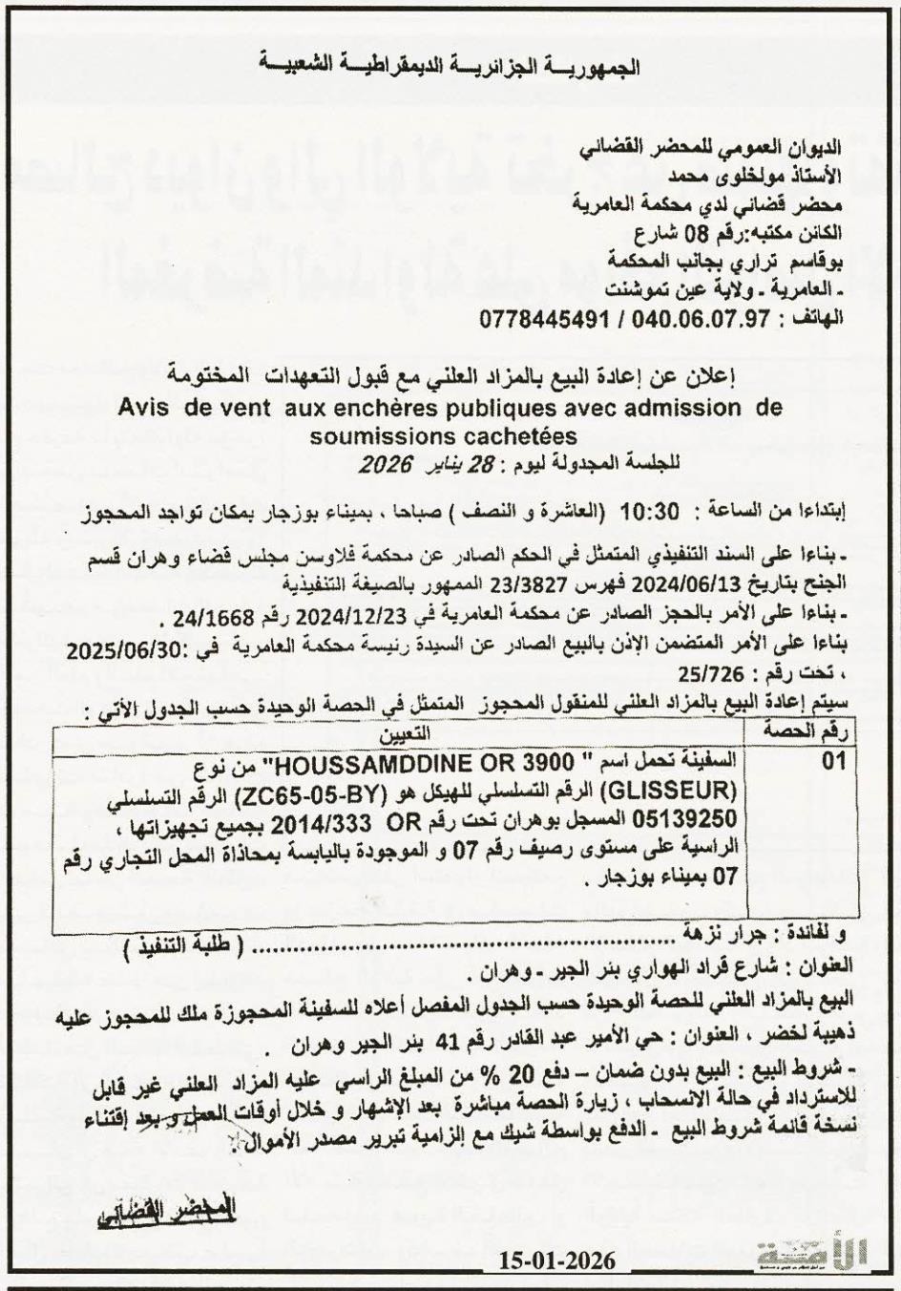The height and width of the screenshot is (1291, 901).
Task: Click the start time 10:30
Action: tap(649, 511)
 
